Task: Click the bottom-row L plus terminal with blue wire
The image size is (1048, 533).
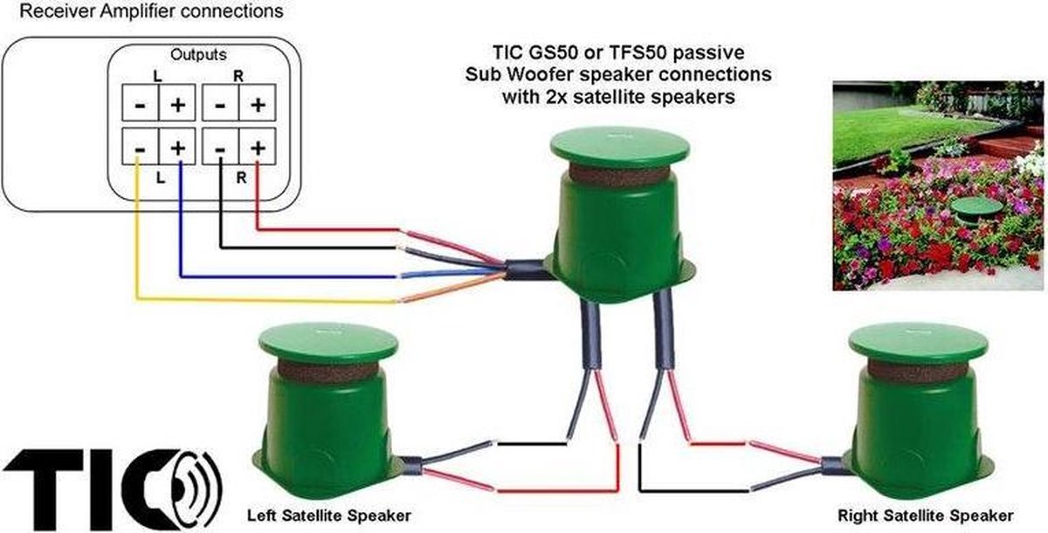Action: point(176,147)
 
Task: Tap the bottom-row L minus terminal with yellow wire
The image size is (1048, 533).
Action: point(141,147)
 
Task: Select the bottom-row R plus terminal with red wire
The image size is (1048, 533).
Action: point(257,147)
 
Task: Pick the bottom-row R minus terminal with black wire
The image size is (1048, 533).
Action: point(220,147)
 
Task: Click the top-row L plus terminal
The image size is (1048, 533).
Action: point(176,103)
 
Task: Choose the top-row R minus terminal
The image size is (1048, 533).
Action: point(220,103)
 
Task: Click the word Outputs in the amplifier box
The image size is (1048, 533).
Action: point(198,55)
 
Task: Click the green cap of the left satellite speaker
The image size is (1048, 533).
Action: point(328,345)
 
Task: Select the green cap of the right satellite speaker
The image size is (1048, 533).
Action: point(919,345)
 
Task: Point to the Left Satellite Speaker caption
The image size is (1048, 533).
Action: point(329,516)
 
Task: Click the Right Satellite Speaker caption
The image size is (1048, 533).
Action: point(926,516)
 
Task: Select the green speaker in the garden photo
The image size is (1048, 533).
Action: point(976,211)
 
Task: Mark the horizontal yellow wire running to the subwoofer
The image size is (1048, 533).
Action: point(266,299)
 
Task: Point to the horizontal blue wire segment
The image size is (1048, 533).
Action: point(288,277)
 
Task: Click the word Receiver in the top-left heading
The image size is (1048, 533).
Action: point(57,10)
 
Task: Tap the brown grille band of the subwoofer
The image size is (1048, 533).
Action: point(619,174)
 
